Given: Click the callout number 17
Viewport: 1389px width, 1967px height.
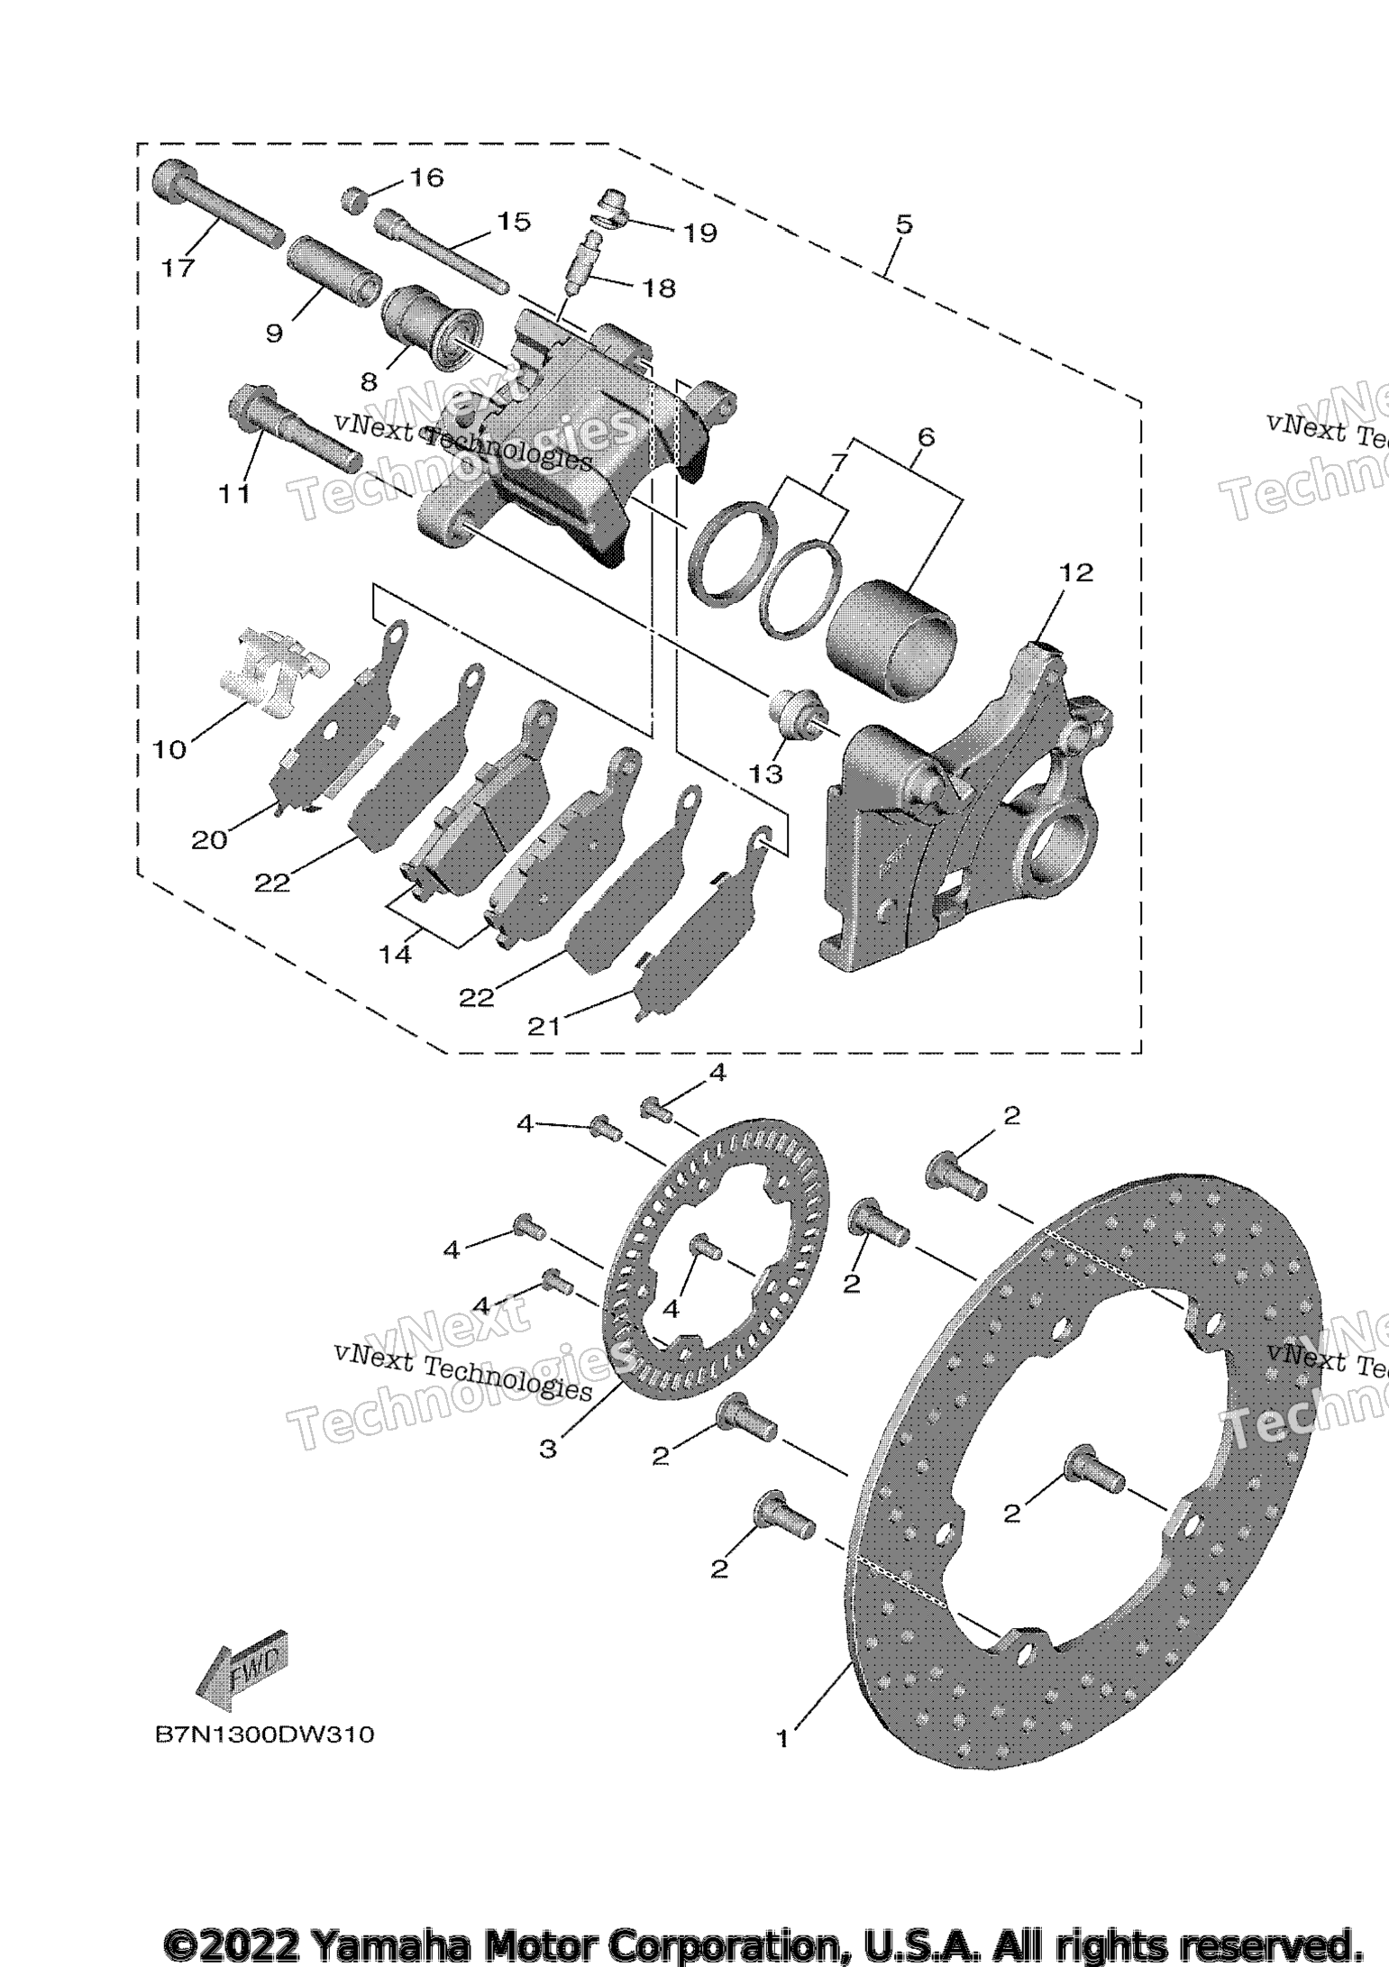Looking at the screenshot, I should pyautogui.click(x=178, y=268).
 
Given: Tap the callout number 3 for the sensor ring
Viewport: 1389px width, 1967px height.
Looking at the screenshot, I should pyautogui.click(x=548, y=1449).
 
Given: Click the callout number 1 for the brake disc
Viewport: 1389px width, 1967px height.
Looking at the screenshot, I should pyautogui.click(x=782, y=1739).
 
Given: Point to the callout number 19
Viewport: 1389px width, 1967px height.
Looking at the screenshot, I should pyautogui.click(x=699, y=233).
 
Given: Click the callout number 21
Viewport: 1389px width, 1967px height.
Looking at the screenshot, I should pyautogui.click(x=543, y=1026).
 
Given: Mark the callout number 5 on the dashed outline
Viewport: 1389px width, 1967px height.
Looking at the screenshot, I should pyautogui.click(x=904, y=224).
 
